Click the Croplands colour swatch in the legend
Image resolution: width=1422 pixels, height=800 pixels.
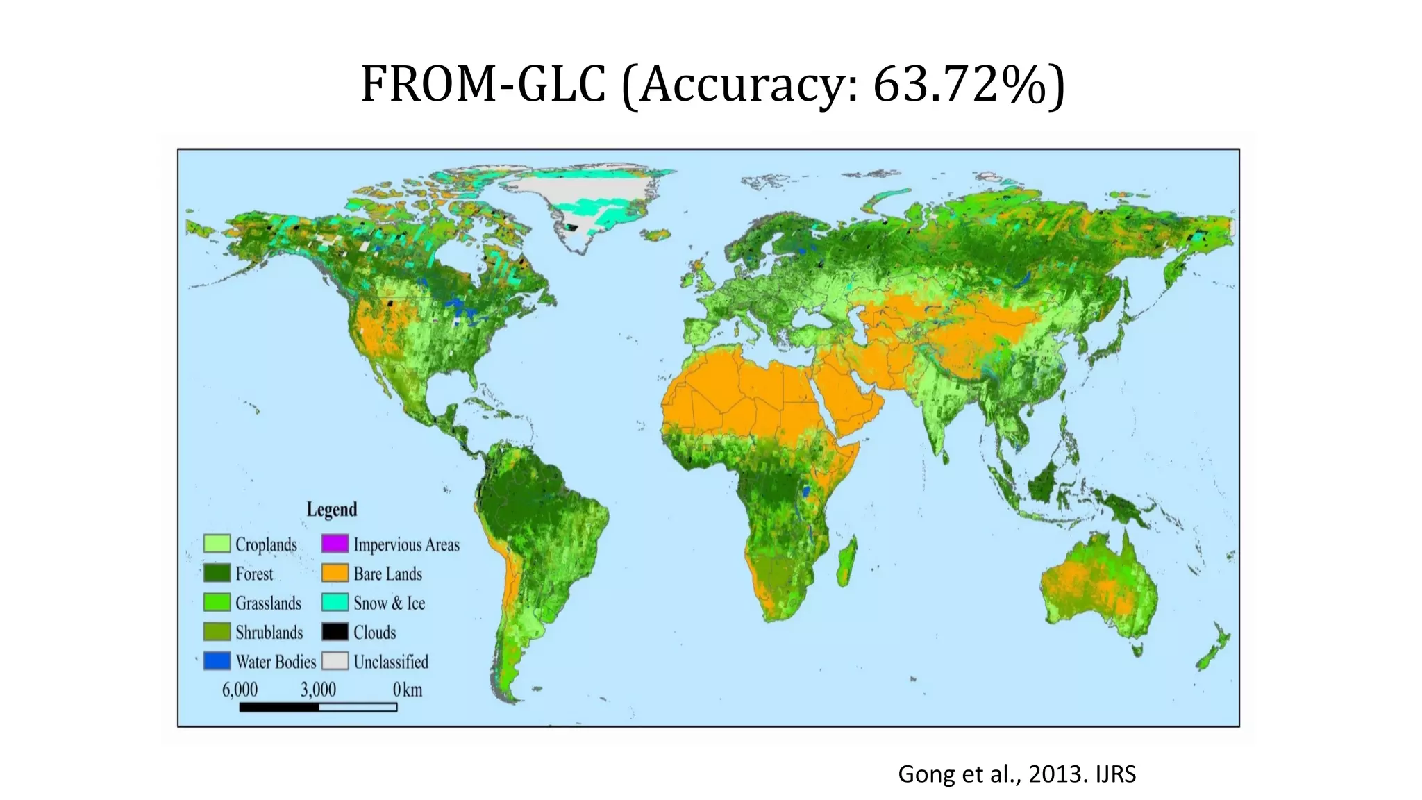[x=217, y=544]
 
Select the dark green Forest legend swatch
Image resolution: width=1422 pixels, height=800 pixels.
[x=217, y=573]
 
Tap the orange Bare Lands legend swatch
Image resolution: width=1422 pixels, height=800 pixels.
[x=335, y=573]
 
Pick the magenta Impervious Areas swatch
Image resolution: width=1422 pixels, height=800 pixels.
[x=335, y=544]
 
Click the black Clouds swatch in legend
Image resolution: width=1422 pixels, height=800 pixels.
[x=335, y=632]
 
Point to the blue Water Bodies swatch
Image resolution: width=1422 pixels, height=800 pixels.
[x=217, y=661]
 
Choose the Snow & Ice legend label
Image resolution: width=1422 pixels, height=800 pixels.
[x=389, y=603]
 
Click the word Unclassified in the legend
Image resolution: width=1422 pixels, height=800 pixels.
[x=391, y=662]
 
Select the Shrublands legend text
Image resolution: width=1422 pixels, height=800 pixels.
[x=269, y=632]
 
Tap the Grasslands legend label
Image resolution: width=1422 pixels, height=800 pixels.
[x=268, y=603]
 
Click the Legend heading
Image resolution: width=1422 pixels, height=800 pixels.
[x=332, y=509]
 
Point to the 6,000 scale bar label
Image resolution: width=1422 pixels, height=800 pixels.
[x=240, y=690]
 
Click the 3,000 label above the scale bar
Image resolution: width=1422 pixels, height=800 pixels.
[x=318, y=690]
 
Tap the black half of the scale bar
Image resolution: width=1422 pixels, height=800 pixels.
[x=279, y=707]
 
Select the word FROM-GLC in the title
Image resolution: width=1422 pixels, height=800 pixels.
[x=483, y=85]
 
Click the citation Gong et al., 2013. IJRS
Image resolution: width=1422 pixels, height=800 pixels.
[x=1017, y=774]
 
